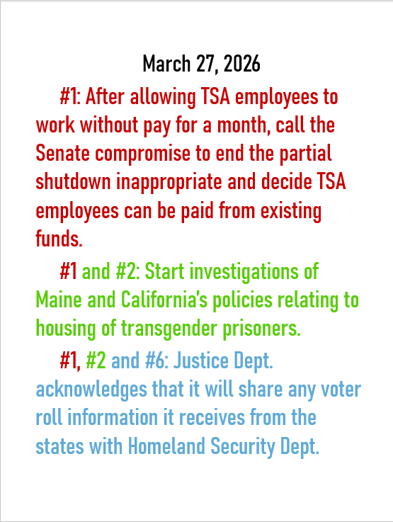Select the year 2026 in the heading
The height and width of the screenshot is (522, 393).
(242, 64)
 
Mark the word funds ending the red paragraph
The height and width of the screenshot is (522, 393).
(58, 239)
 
